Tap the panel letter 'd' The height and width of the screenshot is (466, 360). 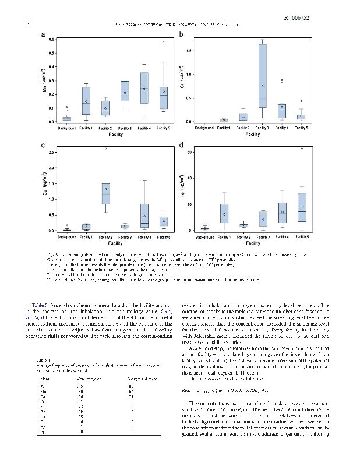(x=182, y=146)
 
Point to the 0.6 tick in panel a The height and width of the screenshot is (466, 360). (x=52, y=40)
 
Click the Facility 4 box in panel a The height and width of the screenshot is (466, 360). (x=144, y=88)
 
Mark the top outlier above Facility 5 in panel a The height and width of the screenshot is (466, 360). (x=164, y=43)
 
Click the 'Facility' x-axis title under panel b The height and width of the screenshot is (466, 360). (x=253, y=135)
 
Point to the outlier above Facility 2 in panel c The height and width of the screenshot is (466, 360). (x=105, y=149)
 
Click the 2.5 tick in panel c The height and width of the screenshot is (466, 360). (x=52, y=153)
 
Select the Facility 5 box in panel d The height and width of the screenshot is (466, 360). (x=302, y=207)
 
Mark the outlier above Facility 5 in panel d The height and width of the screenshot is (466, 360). (x=302, y=149)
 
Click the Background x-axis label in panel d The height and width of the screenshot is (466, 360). (x=204, y=237)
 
